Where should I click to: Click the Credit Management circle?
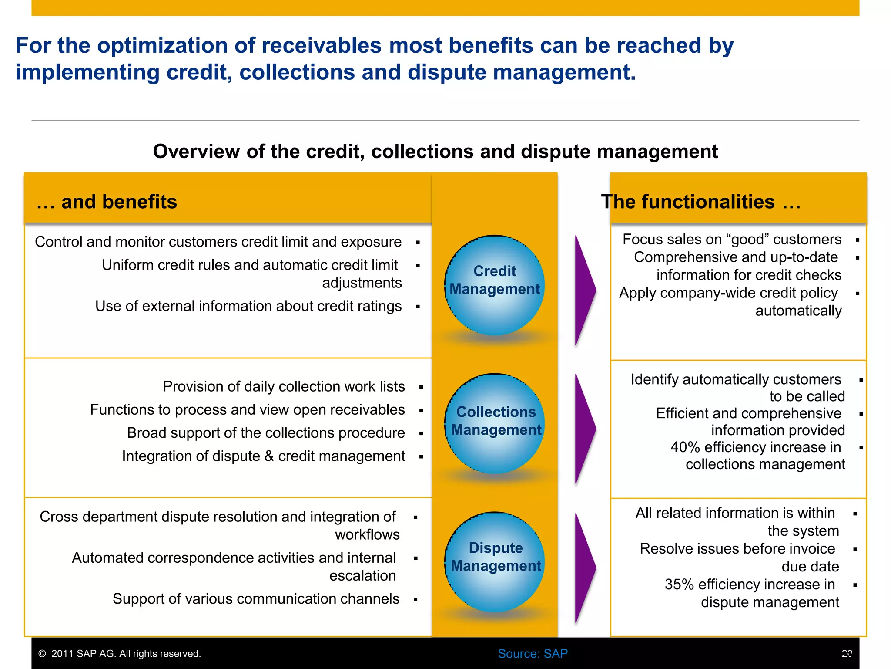495,285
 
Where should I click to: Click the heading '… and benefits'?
107,202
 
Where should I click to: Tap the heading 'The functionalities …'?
700,202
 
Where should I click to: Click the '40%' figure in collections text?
685,447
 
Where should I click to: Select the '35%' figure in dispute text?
679,585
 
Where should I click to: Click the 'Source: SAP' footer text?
533,654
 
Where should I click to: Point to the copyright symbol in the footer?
42,654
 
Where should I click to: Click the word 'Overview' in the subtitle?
196,152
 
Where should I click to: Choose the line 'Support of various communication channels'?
256,599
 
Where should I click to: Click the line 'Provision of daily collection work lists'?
284,386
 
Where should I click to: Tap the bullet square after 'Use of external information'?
418,307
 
